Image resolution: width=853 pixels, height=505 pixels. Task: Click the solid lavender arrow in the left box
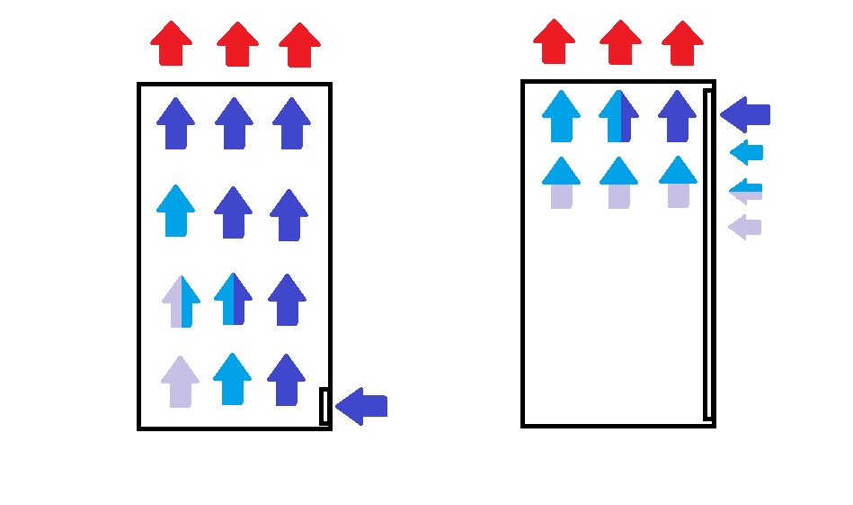click(180, 382)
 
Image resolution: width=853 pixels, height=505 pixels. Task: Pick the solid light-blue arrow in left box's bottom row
click(233, 379)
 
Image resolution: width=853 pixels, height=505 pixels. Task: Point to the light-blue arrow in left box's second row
click(176, 211)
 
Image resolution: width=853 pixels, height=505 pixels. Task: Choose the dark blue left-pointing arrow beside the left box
click(362, 406)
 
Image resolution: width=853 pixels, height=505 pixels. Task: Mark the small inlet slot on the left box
click(324, 406)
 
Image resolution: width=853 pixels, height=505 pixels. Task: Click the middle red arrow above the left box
click(237, 44)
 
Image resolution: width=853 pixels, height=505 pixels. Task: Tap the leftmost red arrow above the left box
click(171, 43)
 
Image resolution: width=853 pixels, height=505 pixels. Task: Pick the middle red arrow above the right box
click(621, 42)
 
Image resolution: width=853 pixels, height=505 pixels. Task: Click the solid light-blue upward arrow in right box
click(563, 116)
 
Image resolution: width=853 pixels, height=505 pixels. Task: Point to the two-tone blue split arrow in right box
click(618, 116)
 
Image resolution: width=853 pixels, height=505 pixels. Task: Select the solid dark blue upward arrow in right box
click(676, 116)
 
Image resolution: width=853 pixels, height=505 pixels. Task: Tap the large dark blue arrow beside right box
click(745, 114)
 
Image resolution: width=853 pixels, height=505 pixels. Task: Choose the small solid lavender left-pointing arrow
click(745, 227)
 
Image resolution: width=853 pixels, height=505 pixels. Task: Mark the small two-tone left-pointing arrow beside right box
click(746, 190)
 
